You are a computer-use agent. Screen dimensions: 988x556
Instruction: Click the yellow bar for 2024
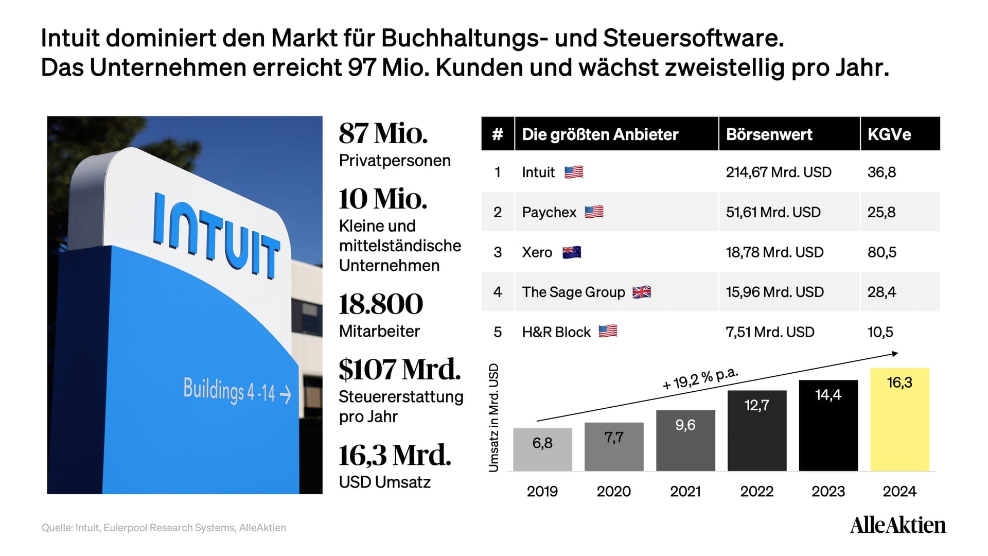point(899,419)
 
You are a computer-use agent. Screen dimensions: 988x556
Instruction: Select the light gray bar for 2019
point(542,449)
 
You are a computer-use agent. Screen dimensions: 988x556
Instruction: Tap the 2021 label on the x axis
point(685,491)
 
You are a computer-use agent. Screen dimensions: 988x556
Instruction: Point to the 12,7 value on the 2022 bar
point(757,405)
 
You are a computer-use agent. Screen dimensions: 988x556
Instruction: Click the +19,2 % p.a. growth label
point(700,379)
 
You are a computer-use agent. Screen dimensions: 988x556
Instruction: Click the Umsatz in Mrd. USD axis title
point(493,418)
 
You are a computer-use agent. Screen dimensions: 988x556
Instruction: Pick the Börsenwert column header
point(769,134)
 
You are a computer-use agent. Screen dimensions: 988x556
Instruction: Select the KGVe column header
point(889,134)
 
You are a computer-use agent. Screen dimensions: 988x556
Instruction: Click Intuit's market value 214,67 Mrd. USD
point(779,172)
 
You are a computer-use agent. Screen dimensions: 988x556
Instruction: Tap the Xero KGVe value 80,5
point(881,252)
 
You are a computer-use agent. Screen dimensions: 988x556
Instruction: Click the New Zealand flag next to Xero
point(572,252)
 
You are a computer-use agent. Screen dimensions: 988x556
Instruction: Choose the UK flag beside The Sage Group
point(642,292)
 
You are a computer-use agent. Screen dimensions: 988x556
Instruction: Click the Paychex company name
point(549,212)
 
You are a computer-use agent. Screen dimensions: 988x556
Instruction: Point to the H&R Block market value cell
point(770,332)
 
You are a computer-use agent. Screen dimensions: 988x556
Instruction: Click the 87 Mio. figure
point(383,133)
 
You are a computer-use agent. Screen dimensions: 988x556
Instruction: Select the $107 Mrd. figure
point(400,369)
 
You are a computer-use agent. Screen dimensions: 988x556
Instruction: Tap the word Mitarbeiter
point(379,331)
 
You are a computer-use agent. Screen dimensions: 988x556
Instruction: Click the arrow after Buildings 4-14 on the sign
point(286,395)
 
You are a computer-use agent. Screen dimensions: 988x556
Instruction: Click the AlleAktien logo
point(898,525)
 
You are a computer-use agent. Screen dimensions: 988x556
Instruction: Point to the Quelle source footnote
point(164,528)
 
